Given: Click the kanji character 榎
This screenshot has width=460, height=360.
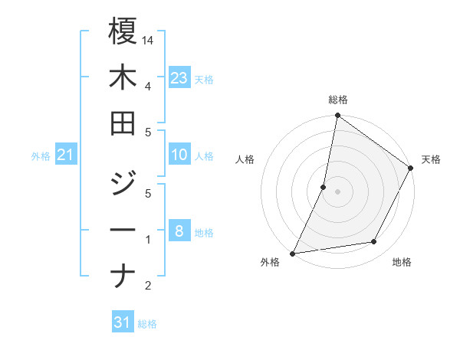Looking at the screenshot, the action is pyautogui.click(x=123, y=32).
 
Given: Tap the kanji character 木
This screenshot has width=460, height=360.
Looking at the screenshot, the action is pyautogui.click(x=123, y=78).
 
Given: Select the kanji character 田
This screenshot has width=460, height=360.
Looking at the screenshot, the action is pyautogui.click(x=123, y=124).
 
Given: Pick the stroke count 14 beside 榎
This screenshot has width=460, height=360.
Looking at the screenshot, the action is pyautogui.click(x=149, y=39).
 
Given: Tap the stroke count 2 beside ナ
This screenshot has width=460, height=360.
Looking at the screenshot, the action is pyautogui.click(x=148, y=286).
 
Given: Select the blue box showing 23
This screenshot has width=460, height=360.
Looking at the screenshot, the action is pyautogui.click(x=179, y=77).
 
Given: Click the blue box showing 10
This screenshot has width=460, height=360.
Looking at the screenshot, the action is pyautogui.click(x=179, y=155).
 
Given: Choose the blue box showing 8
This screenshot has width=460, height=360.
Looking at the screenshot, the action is pyautogui.click(x=179, y=231).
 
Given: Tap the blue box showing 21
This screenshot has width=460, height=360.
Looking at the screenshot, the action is pyautogui.click(x=66, y=155).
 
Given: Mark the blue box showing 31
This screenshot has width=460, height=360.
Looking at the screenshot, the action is pyautogui.click(x=123, y=322).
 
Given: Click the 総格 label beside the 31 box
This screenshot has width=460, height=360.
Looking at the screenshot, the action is pyautogui.click(x=147, y=324).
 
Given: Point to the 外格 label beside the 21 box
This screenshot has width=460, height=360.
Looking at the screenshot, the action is pyautogui.click(x=41, y=156).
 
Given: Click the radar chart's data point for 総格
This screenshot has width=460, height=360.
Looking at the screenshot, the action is pyautogui.click(x=337, y=116).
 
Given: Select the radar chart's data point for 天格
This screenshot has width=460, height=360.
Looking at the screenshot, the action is pyautogui.click(x=411, y=169).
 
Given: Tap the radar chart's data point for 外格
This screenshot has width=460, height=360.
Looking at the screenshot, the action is pyautogui.click(x=293, y=253).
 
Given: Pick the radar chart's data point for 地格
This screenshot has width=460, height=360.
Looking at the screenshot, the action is pyautogui.click(x=374, y=242).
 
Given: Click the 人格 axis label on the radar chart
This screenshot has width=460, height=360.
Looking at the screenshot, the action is pyautogui.click(x=245, y=160).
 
